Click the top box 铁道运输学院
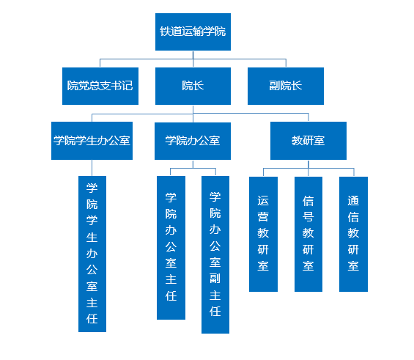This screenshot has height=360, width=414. [193, 32]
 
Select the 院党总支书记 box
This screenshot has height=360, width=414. [100, 86]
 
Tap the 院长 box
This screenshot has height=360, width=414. [193, 86]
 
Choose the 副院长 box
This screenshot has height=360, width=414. [286, 86]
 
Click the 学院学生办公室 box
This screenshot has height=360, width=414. [92, 141]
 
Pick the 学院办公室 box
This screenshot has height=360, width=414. [193, 141]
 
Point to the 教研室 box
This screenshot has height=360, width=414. [308, 141]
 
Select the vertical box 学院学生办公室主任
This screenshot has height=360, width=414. [92, 254]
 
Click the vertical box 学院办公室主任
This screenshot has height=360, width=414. [171, 248]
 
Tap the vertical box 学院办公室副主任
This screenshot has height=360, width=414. [215, 254]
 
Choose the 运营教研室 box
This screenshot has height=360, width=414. [263, 234]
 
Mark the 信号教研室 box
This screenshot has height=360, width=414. [308, 234]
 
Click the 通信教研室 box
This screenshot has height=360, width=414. [353, 234]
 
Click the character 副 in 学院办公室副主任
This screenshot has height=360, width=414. [215, 279]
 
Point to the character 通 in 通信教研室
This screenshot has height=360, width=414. [353, 200]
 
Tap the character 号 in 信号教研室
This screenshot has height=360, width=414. [308, 217]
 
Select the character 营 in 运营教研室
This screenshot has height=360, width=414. [263, 217]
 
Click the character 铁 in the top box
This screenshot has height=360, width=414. [165, 32]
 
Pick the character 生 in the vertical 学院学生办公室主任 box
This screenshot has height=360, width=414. [92, 238]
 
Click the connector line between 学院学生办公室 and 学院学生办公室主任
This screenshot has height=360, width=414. [92, 168]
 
